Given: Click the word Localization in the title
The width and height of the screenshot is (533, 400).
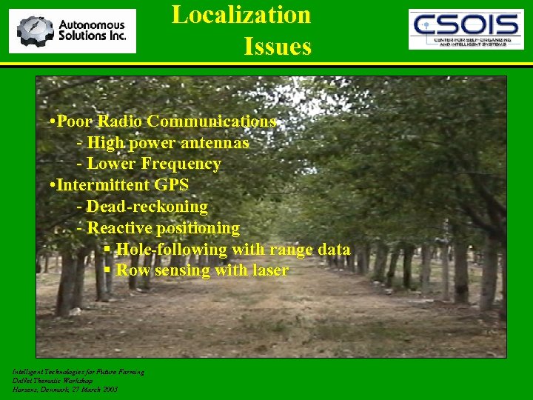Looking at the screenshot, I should click(241, 15).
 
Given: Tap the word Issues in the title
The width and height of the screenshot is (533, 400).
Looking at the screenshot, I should click(278, 47).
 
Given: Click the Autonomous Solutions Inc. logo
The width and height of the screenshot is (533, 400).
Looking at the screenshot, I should click(73, 31).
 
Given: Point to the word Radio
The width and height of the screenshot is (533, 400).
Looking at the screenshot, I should click(120, 121).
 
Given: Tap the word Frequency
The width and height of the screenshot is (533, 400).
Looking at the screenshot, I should click(181, 164).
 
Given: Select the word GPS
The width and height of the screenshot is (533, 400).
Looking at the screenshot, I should click(172, 184).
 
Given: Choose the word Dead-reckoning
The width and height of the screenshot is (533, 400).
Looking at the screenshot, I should click(147, 206).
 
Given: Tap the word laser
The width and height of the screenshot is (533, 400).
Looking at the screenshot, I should click(269, 270).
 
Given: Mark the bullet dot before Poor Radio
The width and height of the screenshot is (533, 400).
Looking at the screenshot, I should click(51, 121).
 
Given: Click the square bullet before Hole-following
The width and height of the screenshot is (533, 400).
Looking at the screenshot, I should click(108, 250).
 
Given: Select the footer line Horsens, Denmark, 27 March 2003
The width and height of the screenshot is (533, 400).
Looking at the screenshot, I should click(65, 389).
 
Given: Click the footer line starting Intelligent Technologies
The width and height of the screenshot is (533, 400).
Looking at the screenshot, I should click(78, 372).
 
